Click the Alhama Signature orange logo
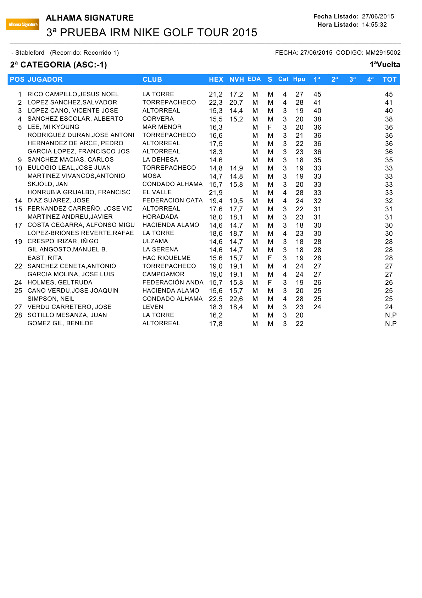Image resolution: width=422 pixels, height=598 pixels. click(x=23, y=25)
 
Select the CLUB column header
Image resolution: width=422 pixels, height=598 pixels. click(x=152, y=80)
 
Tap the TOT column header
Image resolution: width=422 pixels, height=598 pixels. click(x=389, y=80)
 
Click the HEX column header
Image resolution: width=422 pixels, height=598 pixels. click(x=216, y=80)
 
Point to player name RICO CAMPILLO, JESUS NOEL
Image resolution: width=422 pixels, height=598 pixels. click(x=73, y=94)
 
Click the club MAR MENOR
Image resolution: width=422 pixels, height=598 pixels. click(x=162, y=127)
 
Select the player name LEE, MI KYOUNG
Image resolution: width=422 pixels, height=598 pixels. click(x=53, y=127)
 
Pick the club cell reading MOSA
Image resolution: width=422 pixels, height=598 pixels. click(x=152, y=176)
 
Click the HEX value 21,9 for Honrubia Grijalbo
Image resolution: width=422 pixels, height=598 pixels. click(x=216, y=192)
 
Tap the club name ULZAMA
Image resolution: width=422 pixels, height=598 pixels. click(x=155, y=241)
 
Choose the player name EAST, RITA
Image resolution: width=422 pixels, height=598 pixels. click(x=45, y=258)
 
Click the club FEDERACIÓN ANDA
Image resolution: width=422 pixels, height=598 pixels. click(x=173, y=282)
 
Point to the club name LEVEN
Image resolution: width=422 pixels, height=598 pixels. click(x=153, y=307)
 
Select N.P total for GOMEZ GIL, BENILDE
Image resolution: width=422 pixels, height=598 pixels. click(x=390, y=324)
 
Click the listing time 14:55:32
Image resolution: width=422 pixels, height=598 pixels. click(x=374, y=25)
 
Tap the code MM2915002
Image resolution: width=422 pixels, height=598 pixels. click(x=383, y=53)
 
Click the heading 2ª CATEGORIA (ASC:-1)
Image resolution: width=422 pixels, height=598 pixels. click(x=59, y=65)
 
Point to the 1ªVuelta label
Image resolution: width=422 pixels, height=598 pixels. click(x=385, y=65)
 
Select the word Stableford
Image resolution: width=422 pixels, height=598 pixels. click(x=30, y=53)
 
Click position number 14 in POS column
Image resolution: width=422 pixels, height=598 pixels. click(x=18, y=201)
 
